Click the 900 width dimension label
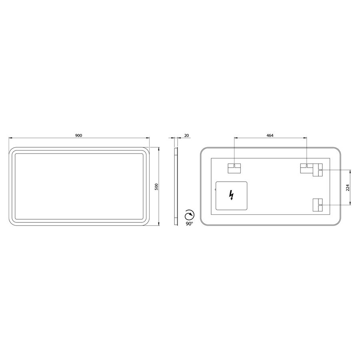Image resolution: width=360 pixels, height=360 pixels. [78, 136]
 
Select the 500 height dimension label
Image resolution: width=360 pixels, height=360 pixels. [156, 186]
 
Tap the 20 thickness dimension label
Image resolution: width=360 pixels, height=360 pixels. [186, 136]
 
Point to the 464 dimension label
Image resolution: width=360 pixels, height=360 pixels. [270, 136]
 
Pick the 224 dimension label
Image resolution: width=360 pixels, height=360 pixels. [348, 187]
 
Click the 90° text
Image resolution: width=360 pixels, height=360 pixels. [190, 224]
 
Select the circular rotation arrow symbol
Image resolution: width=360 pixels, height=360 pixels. [190, 215]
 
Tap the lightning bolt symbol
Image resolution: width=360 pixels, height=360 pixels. [232, 195]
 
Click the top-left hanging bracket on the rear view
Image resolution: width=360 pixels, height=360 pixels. [234, 168]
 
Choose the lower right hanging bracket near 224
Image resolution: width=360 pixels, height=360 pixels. [318, 205]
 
